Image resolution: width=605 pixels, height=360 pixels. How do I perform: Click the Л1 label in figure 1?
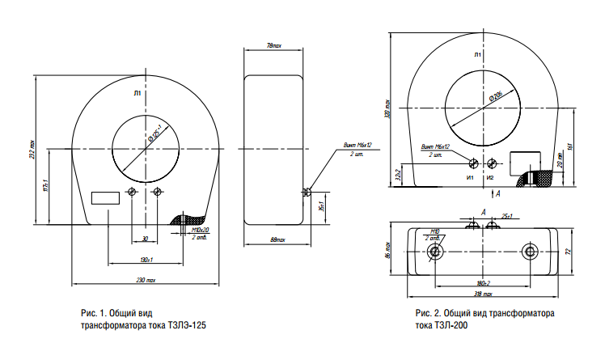137,94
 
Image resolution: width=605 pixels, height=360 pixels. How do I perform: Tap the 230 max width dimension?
146,280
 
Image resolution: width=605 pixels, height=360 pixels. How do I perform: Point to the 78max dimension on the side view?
274,44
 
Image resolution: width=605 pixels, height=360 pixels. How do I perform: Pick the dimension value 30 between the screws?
145,239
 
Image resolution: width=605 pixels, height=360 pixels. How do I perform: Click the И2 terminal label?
489,176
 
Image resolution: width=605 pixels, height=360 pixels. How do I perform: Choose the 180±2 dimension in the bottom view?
484,283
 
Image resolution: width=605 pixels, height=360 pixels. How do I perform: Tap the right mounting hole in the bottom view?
530,252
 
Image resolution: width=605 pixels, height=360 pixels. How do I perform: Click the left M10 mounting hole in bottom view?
436,252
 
